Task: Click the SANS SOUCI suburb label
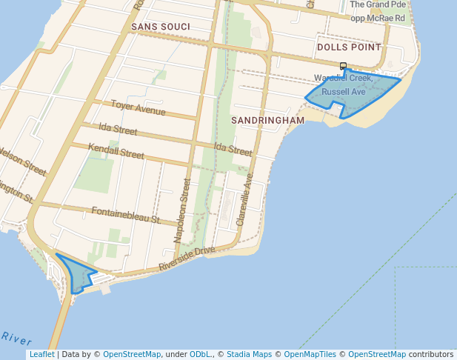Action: point(161,27)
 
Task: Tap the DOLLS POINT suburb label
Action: point(348,47)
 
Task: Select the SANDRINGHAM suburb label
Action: point(267,120)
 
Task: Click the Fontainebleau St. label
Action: point(126,216)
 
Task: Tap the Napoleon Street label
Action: point(181,210)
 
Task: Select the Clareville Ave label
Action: point(244,199)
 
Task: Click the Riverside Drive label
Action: point(187,260)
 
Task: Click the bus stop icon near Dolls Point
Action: point(343,66)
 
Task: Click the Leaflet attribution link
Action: point(41,354)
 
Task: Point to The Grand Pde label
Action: point(378,4)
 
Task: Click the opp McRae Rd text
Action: point(378,18)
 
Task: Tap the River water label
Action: point(16,339)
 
